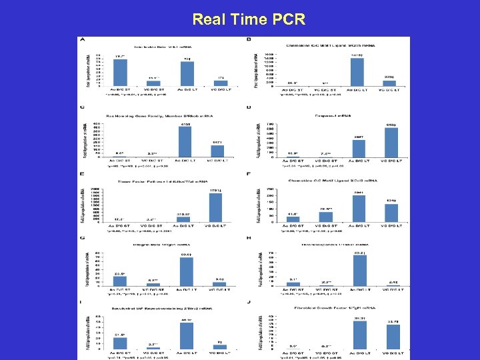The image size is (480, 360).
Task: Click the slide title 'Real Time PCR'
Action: [249, 19]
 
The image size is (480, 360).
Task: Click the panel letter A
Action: [83, 39]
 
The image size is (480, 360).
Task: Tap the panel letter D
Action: [249, 107]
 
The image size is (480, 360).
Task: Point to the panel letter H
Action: [249, 238]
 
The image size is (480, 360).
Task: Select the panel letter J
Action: [249, 303]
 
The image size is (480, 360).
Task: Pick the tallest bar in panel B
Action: [357, 72]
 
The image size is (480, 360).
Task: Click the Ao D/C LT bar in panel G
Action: [187, 272]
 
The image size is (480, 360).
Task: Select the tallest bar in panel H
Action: [357, 272]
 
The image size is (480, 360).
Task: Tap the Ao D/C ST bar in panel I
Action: [121, 342]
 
